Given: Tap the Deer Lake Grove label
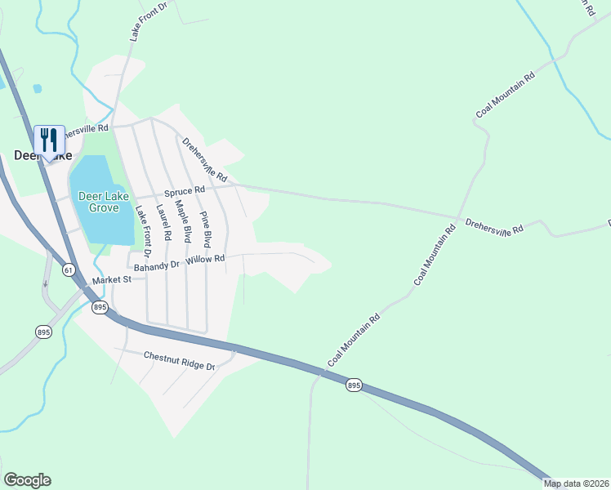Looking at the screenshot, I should point(105,202).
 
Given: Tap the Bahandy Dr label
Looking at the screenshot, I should point(158,265).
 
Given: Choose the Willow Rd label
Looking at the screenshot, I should point(205,259).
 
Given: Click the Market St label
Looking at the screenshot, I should point(112,280).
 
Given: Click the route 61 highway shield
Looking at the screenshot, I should point(68,269).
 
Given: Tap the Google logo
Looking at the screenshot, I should point(27,480).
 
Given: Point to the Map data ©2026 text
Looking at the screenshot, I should point(576,483).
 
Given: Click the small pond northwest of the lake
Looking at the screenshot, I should point(37,87).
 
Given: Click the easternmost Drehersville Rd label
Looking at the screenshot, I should point(494,226).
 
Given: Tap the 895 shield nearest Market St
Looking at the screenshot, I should point(100,307).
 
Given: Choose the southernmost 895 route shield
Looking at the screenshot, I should point(353,385).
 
